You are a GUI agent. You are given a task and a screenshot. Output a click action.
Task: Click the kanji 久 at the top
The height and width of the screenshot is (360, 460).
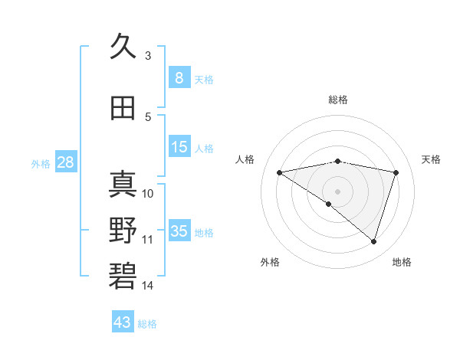[x=123, y=46]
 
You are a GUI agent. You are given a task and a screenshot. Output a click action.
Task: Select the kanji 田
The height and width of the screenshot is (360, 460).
[x=123, y=108]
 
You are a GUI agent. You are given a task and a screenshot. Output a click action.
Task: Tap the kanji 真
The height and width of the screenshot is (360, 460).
[x=123, y=184]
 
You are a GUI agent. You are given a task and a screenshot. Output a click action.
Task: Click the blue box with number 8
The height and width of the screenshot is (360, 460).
[x=179, y=78]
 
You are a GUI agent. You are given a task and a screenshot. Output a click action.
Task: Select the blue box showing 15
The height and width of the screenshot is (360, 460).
[x=179, y=148]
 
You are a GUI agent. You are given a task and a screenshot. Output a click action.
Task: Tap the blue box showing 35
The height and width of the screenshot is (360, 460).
[x=179, y=231]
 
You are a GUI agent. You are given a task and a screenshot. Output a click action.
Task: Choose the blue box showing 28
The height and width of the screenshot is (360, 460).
[x=65, y=162]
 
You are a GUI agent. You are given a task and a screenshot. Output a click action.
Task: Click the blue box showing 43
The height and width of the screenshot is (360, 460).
[x=123, y=322]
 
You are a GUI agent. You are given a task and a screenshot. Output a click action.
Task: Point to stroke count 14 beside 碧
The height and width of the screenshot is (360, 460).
[x=148, y=286]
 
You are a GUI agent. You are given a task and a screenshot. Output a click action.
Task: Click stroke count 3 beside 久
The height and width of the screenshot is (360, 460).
[x=148, y=55]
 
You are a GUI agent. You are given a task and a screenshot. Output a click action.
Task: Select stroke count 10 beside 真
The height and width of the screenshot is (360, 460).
[x=148, y=193]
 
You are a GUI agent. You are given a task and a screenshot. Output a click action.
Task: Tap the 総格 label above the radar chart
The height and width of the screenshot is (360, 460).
[x=338, y=100]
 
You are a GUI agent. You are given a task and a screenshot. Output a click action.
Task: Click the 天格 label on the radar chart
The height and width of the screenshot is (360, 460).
[x=432, y=159]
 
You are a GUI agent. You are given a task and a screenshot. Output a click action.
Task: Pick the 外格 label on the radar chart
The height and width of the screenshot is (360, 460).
[x=270, y=262]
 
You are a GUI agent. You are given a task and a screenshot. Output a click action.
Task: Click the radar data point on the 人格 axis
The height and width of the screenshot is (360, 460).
[x=279, y=172]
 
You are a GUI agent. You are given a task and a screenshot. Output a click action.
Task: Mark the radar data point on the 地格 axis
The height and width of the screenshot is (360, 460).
[x=373, y=242]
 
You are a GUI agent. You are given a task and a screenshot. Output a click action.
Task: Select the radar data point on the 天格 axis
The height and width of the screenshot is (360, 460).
[x=396, y=172]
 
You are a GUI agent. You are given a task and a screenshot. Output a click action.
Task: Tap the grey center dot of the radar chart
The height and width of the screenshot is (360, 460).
[x=337, y=191]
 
